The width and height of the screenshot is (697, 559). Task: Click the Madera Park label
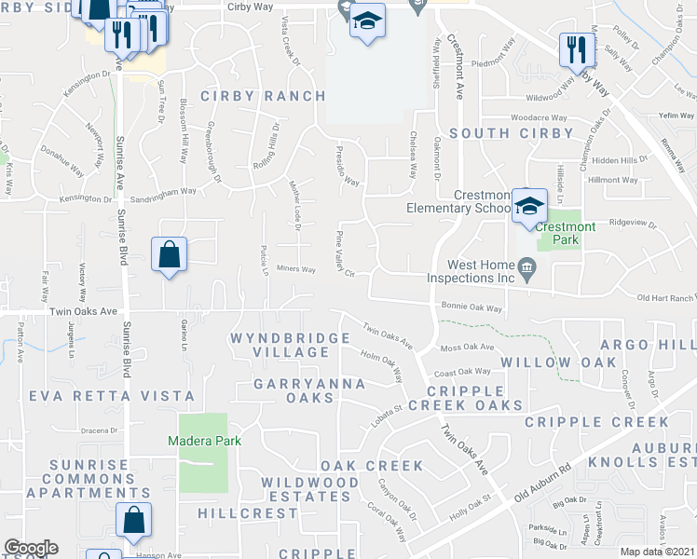coord(204,441)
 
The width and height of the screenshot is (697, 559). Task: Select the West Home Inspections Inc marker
coord(526,269)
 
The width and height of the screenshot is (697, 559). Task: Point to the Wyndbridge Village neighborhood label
coord(280,345)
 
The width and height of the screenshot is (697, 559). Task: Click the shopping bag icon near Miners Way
coord(169,255)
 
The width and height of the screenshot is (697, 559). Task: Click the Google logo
coord(30,548)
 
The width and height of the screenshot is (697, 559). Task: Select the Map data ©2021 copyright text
coord(657,552)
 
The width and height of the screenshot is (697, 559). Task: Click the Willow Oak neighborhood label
coord(558,361)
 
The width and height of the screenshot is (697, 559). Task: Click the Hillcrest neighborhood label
coord(236,513)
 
